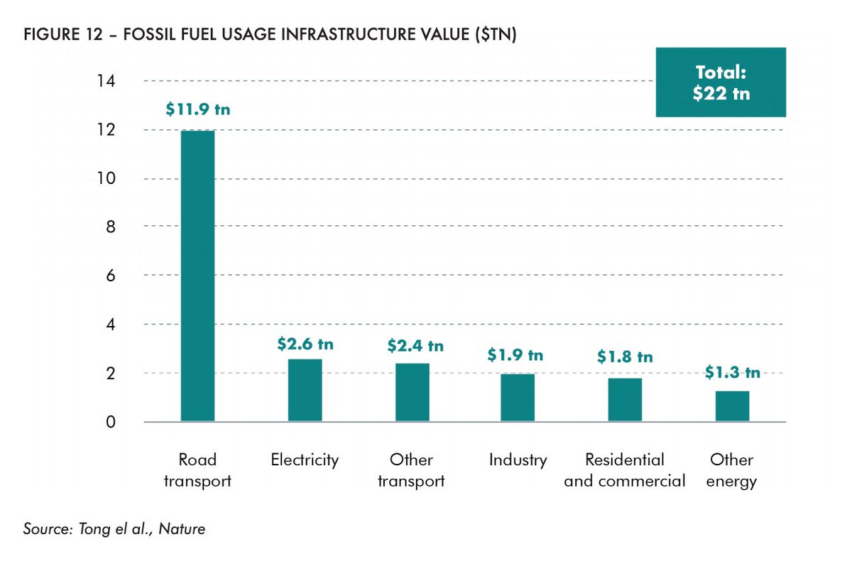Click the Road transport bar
(x=197, y=276)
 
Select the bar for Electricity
(x=305, y=391)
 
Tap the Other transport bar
(x=412, y=393)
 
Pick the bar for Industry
(x=518, y=398)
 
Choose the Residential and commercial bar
(x=625, y=400)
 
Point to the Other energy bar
(x=732, y=406)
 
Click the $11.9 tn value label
(x=198, y=110)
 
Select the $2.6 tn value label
(x=305, y=345)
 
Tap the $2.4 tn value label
(x=415, y=346)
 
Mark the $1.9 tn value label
(x=515, y=355)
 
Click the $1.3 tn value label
(x=733, y=372)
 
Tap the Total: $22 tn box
(x=721, y=83)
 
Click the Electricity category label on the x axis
(x=305, y=460)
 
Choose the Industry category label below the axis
(x=518, y=460)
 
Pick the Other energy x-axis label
(x=732, y=470)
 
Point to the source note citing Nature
(x=114, y=529)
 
